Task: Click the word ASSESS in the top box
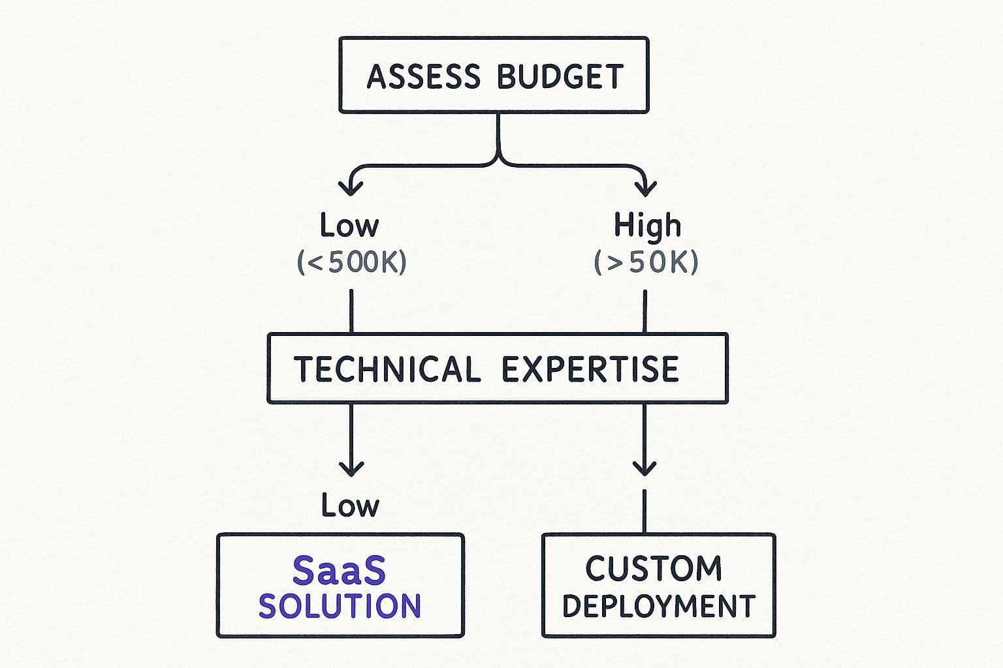(x=423, y=76)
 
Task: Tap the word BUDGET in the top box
(x=560, y=76)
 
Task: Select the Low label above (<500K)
(x=349, y=226)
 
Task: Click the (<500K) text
(x=351, y=262)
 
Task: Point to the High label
(x=647, y=226)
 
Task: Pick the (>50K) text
(x=646, y=262)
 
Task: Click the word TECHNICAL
(x=387, y=369)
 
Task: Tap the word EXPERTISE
(x=590, y=369)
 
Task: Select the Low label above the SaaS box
(x=350, y=506)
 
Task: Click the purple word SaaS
(x=339, y=570)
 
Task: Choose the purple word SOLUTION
(x=340, y=606)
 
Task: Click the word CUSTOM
(x=654, y=569)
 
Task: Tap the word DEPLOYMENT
(x=658, y=606)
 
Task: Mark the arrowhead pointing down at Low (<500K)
(x=351, y=188)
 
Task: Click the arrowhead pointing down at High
(x=646, y=188)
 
